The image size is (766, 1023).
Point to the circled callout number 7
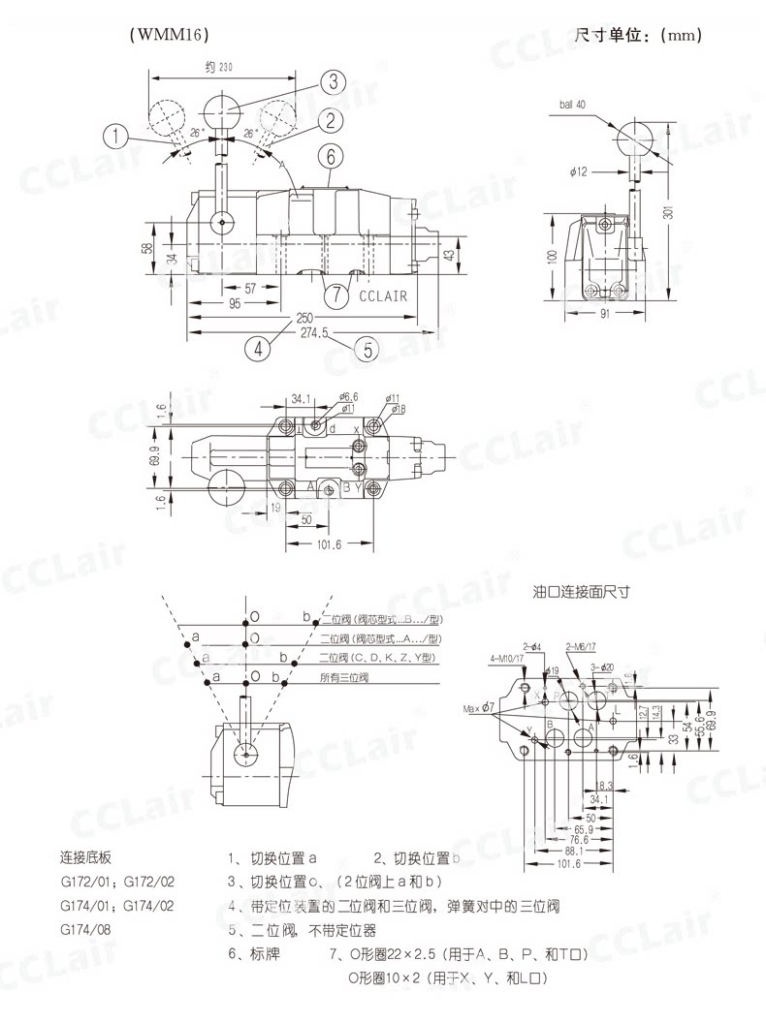tap(335, 294)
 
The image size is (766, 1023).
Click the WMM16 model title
tap(169, 35)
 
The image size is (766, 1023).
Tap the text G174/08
tap(87, 930)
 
